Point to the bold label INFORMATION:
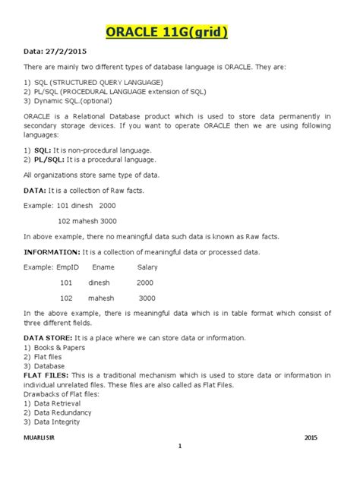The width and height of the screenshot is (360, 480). point(56,251)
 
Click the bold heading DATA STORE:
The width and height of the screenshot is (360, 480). point(48,336)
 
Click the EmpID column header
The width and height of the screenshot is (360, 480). point(66,267)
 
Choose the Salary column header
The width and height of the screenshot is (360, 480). point(147,267)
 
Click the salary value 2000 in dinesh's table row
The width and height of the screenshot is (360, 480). point(144,283)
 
